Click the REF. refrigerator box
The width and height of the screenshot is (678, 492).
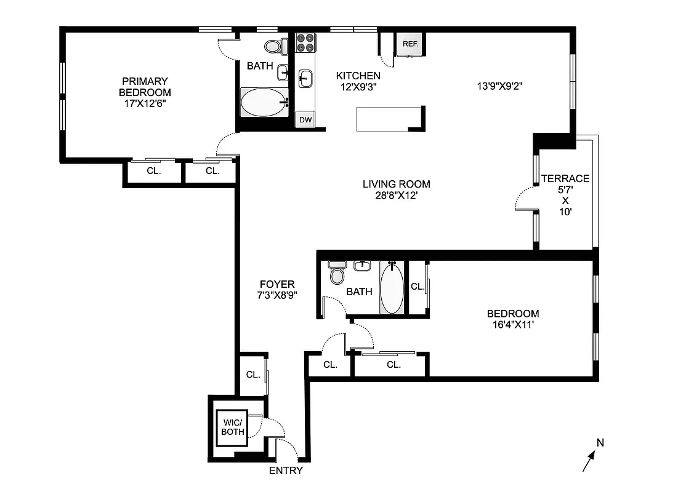click(x=410, y=44)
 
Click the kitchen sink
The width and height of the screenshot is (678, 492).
click(x=305, y=78)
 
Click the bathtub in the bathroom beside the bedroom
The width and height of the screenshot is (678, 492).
click(x=392, y=287)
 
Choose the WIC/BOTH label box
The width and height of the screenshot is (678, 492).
click(x=234, y=427)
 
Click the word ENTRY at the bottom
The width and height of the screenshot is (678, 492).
click(x=286, y=471)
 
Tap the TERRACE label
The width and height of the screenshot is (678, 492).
click(x=565, y=179)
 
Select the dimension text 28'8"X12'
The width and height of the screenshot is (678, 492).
click(x=396, y=196)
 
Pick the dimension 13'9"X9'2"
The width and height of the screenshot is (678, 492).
click(x=499, y=87)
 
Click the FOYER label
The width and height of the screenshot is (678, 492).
click(x=276, y=284)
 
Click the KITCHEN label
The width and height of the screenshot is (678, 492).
click(x=358, y=76)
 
